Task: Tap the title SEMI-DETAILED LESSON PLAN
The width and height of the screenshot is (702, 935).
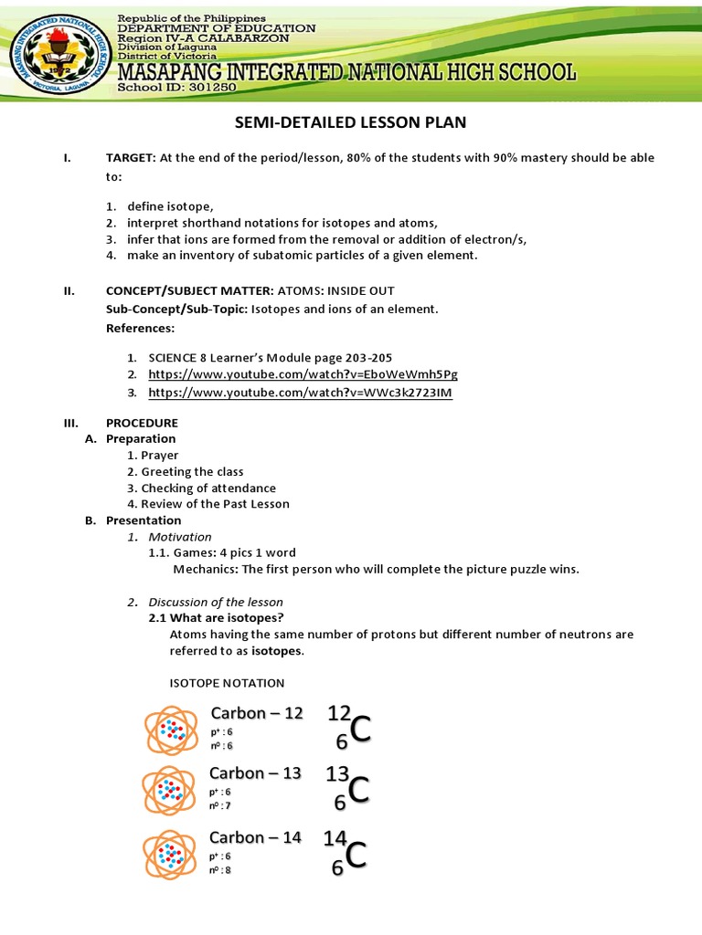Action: coord(350,122)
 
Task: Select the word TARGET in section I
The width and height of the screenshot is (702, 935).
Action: coord(130,158)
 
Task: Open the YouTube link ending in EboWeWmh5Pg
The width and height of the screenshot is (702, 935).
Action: coord(303,374)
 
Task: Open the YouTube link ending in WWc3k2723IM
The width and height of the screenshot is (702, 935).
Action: coord(300,393)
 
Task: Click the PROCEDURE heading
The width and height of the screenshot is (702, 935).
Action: coord(142,423)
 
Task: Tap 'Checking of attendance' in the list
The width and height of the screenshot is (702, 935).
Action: coord(207,488)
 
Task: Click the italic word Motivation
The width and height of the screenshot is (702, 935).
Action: coord(180,537)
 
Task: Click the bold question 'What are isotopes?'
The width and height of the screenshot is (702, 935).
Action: coord(209,618)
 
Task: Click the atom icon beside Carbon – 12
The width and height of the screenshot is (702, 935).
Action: coord(170,730)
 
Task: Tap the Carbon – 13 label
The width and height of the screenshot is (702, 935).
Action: coord(255,773)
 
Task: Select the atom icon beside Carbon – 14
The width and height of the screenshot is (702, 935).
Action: coord(168,855)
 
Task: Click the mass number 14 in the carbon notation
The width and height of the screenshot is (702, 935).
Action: coord(335,837)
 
